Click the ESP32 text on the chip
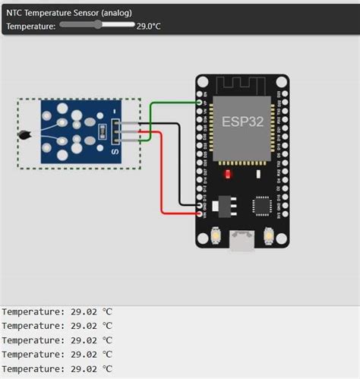point(242,122)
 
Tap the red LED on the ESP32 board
point(227,174)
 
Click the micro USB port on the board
point(243,241)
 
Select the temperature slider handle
point(98,25)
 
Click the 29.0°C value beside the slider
point(149,26)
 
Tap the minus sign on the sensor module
point(115,112)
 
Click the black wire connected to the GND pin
point(179,167)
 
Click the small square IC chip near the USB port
point(262,205)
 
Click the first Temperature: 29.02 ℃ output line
point(57,311)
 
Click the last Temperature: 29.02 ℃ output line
point(57,368)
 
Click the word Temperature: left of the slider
point(30,26)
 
